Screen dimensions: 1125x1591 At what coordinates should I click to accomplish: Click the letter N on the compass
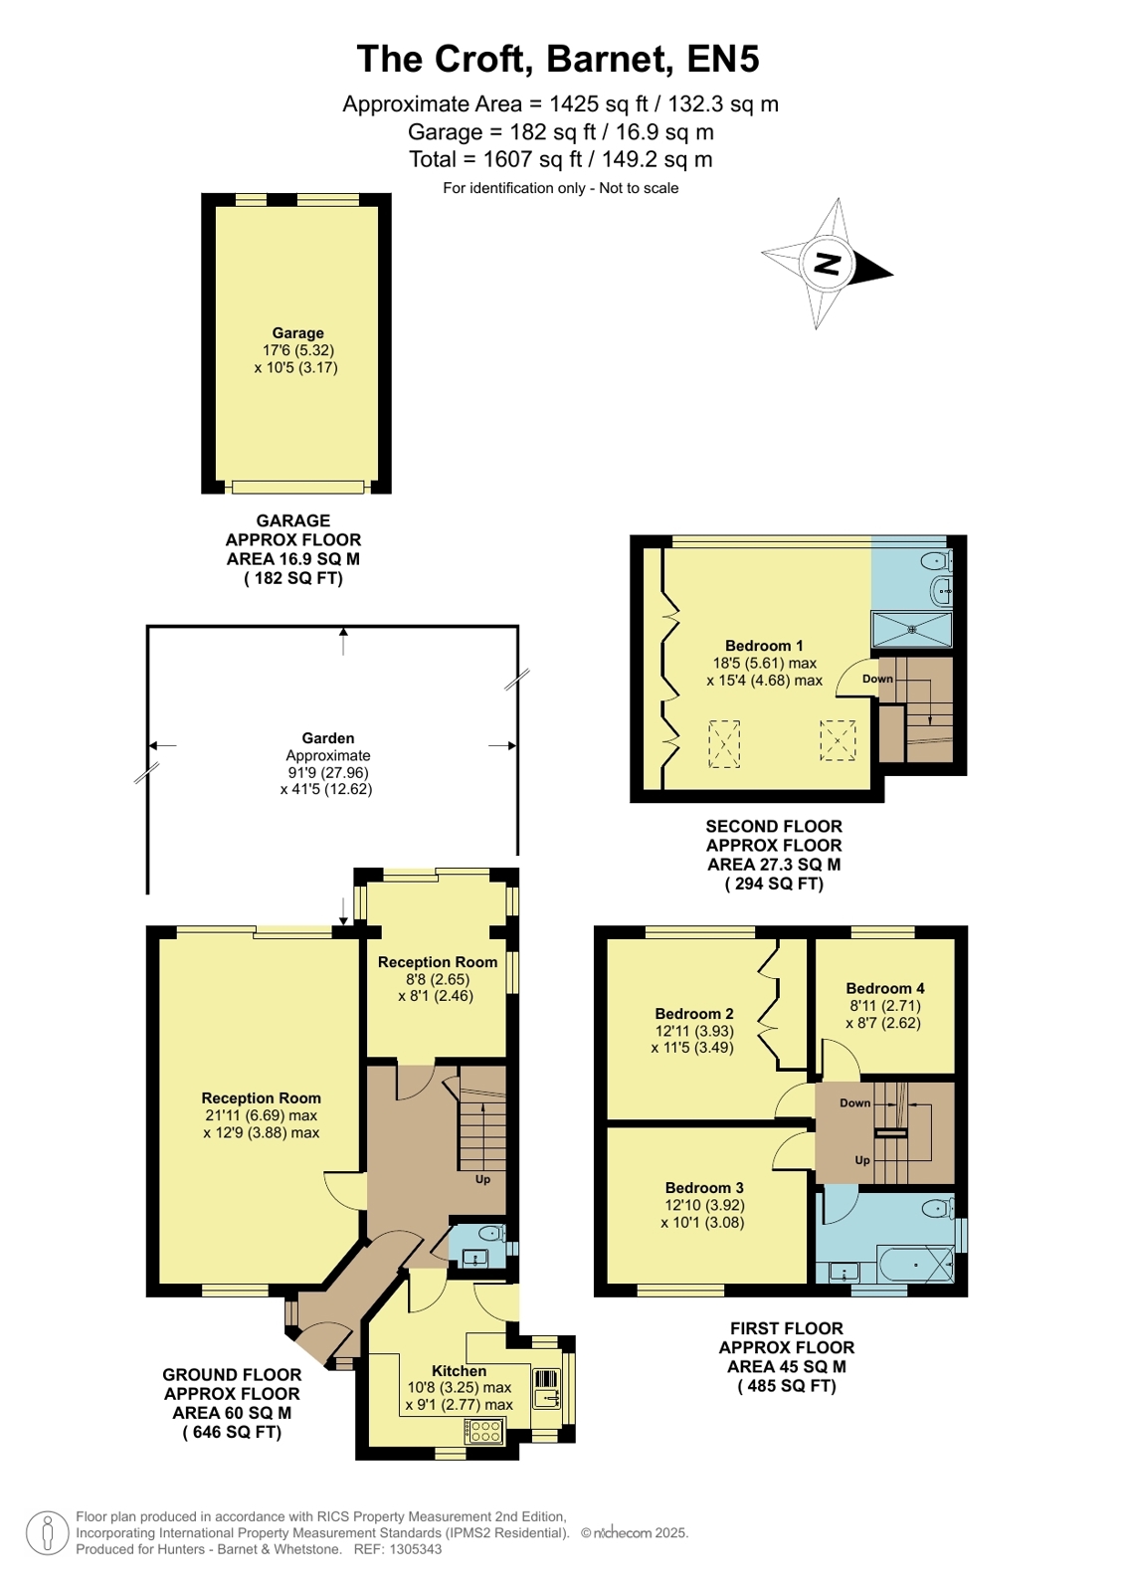pyautogui.click(x=827, y=264)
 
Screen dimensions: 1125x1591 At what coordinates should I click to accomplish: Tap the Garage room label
pyautogui.click(x=297, y=333)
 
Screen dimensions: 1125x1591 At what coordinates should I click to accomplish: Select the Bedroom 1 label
pyautogui.click(x=764, y=646)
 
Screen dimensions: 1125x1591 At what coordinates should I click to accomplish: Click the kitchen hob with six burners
pyautogui.click(x=484, y=1431)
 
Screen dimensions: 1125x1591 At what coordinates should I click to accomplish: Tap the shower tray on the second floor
pyautogui.click(x=911, y=629)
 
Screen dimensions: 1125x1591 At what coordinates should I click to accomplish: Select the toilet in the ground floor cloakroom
pyautogui.click(x=491, y=1232)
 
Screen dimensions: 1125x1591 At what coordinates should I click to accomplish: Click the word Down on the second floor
pyautogui.click(x=877, y=679)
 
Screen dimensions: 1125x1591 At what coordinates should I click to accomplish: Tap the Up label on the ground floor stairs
pyautogui.click(x=482, y=1179)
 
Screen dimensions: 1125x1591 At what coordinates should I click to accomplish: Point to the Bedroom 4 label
pyautogui.click(x=885, y=988)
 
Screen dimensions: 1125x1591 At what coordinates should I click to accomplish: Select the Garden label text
pyautogui.click(x=327, y=738)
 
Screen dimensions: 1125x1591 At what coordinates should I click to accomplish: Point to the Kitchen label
pyautogui.click(x=459, y=1371)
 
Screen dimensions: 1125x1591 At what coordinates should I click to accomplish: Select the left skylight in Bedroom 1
pyautogui.click(x=724, y=743)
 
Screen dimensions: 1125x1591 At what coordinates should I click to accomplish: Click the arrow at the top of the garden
pyautogui.click(x=344, y=641)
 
